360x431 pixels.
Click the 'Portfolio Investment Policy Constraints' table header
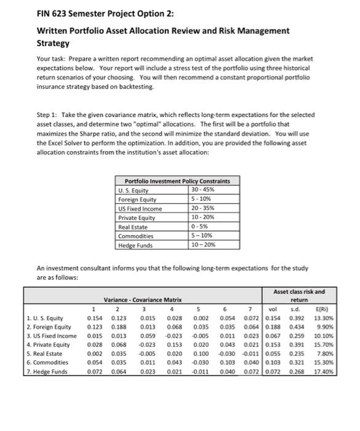[x=177, y=181]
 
